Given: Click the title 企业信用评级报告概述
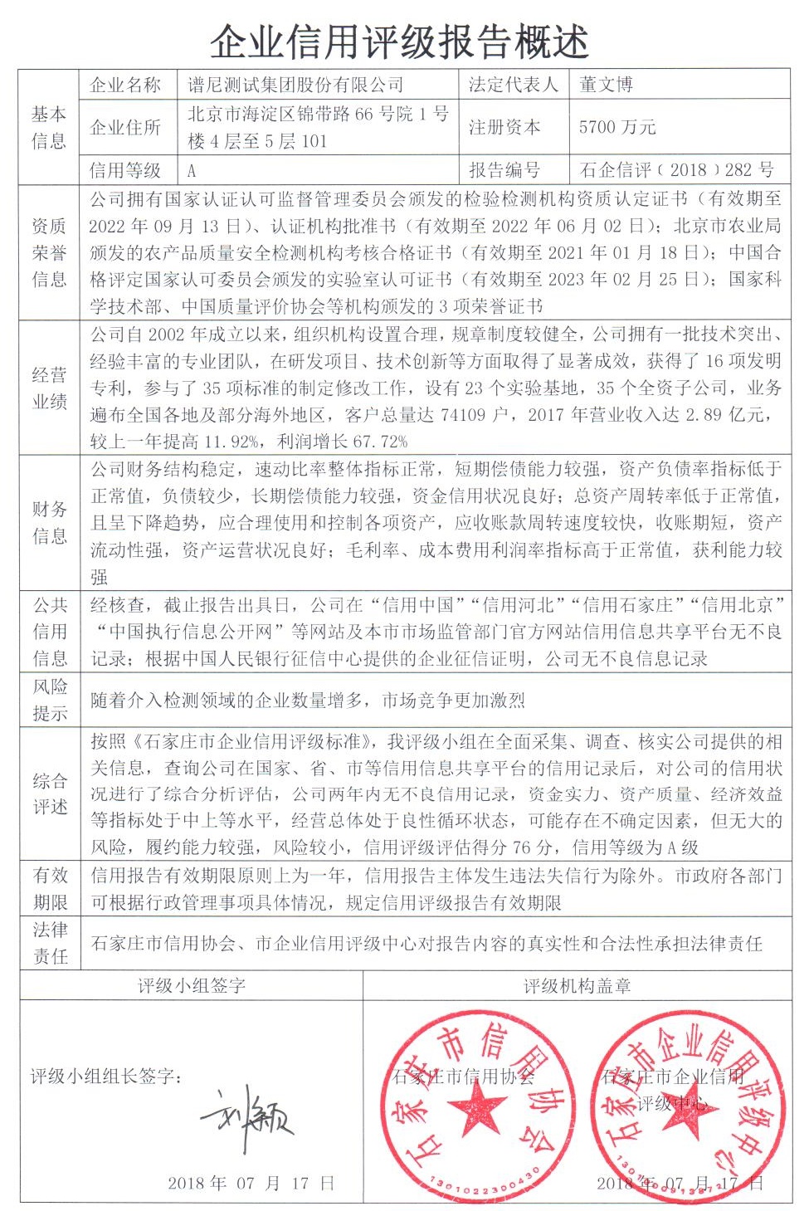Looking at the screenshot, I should [399, 42].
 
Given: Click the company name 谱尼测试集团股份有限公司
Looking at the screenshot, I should [295, 85].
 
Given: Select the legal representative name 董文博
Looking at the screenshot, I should [606, 85].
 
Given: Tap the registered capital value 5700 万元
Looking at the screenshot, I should [617, 127].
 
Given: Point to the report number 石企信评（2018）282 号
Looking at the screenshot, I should [676, 170].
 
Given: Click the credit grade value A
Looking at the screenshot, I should [192, 170].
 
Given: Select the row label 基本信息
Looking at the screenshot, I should [49, 127].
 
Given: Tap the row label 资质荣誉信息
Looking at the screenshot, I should [49, 251].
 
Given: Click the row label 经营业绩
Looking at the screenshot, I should [49, 388].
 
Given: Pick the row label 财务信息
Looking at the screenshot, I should [49, 522].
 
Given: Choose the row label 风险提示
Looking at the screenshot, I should [49, 700].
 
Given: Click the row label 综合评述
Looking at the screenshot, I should [49, 793].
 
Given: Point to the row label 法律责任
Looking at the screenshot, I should [49, 942].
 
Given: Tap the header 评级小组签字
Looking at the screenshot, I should [191, 986].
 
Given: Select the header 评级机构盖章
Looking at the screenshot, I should [577, 986].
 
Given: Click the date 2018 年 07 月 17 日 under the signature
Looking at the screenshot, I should [251, 1183].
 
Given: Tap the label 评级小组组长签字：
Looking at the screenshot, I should [106, 1077].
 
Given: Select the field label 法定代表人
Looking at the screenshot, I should [513, 85].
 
